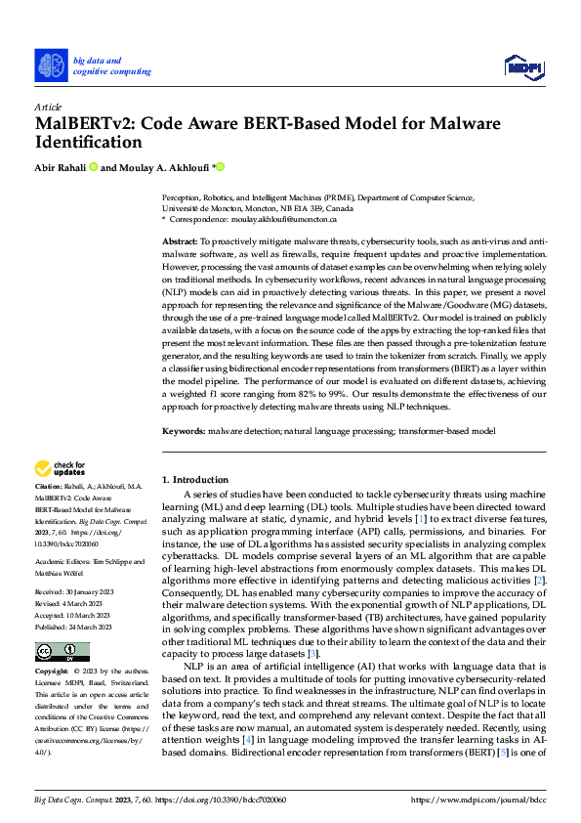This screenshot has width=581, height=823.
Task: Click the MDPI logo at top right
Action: pos(523,65)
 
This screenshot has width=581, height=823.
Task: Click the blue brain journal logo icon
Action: pos(51,65)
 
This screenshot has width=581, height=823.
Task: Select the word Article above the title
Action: pos(47,107)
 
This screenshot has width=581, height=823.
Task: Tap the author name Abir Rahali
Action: pos(60,168)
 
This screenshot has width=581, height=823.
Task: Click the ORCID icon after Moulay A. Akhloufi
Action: pos(221,167)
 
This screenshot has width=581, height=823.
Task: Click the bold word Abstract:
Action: pos(180,240)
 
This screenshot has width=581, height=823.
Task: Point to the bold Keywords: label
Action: pos(183,430)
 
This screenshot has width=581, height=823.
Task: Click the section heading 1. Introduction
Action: pos(195,480)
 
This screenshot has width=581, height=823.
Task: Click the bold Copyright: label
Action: pos(53,672)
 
